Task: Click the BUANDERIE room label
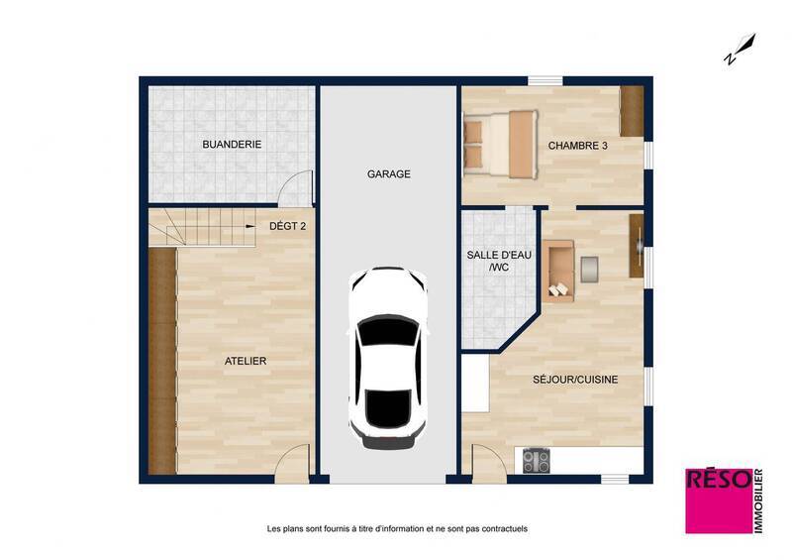point(232,145)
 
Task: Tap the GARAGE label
point(388,174)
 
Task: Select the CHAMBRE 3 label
point(578,146)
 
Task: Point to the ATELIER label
point(246,362)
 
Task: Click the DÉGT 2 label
point(288,226)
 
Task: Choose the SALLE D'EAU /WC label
point(499,261)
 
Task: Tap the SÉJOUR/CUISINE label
point(575,378)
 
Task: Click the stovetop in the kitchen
point(537,460)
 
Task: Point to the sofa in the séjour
point(558,269)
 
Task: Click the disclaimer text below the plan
point(396,529)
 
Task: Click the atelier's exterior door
point(293,464)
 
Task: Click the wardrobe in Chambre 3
point(631,112)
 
